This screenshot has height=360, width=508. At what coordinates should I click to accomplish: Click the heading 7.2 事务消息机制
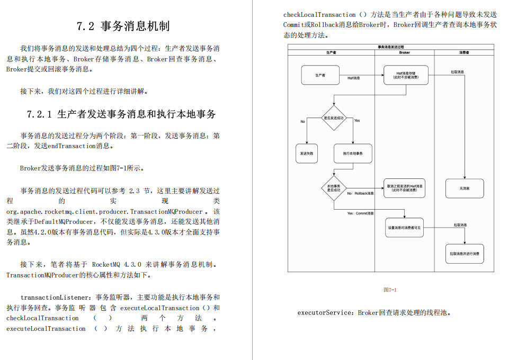coord(123,26)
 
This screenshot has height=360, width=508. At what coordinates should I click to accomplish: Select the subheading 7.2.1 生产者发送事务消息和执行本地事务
coord(121,114)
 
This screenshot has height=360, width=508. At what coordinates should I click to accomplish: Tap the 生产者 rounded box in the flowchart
coord(320,75)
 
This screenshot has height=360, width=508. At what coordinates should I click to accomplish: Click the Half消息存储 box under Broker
coord(404,75)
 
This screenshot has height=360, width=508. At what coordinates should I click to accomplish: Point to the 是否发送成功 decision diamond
coord(334,118)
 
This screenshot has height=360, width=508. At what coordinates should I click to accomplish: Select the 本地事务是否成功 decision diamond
coord(334,188)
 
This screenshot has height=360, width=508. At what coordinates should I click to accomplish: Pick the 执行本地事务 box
coord(353,153)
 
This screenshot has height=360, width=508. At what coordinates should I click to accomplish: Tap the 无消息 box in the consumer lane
coord(464,188)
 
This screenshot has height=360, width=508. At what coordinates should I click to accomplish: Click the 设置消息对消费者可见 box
coord(404,228)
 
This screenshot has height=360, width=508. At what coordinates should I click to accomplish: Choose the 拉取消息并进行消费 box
coord(464,254)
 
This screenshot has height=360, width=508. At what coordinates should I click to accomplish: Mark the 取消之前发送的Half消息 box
coord(404,188)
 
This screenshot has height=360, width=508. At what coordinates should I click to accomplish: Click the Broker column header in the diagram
coord(404,52)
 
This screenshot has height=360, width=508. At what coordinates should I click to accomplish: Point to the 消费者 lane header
coord(464,52)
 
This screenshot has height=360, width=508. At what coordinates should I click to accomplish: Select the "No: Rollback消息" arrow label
coord(360,194)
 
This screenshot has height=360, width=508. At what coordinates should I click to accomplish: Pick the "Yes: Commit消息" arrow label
coord(360,213)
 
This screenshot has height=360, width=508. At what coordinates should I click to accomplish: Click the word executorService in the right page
coord(325,313)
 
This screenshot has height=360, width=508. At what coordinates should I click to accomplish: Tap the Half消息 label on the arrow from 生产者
coord(354,78)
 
